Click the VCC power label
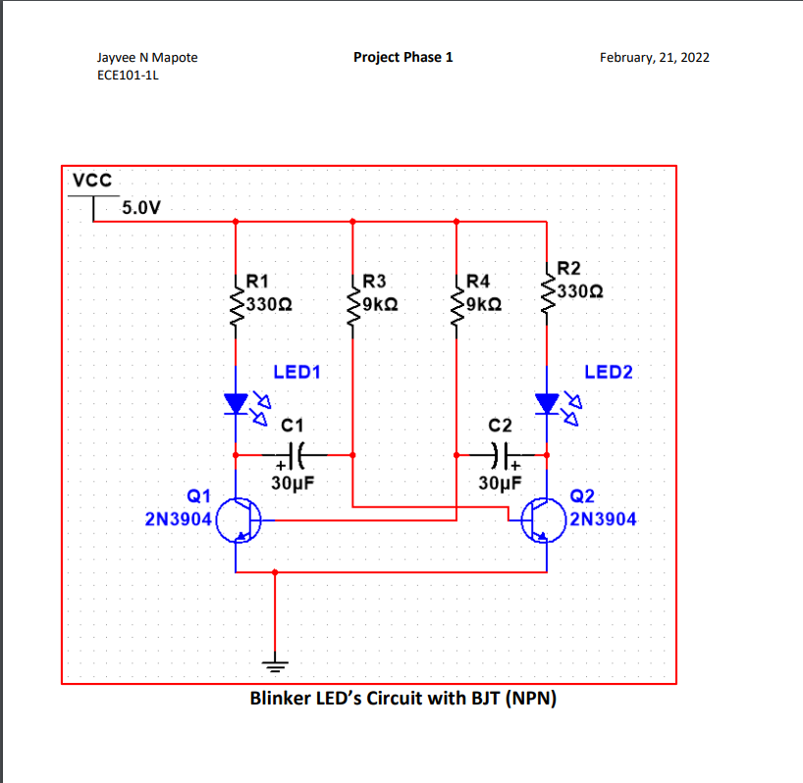click(92, 181)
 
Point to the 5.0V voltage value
click(142, 208)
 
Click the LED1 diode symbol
click(237, 403)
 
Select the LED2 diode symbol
click(547, 403)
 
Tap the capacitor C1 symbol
click(300, 455)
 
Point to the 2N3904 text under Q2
click(603, 519)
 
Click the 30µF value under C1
click(293, 483)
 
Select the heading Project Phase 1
click(402, 57)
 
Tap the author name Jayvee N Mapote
click(147, 58)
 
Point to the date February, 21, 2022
click(654, 58)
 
